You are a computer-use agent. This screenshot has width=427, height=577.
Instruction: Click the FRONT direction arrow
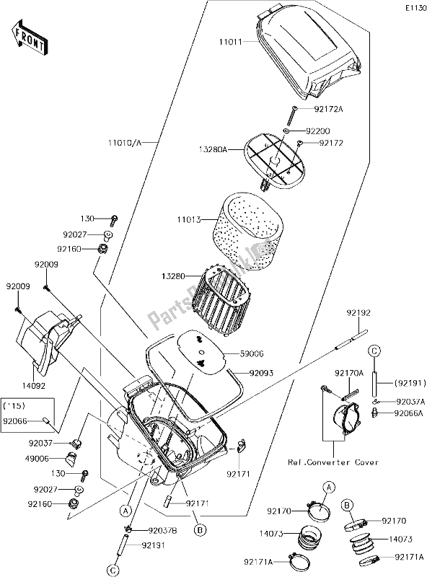(29, 38)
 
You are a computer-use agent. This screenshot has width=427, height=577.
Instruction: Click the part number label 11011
(231, 42)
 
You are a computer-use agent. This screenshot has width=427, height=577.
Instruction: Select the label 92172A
(328, 109)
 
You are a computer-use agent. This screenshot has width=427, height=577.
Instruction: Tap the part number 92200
(318, 131)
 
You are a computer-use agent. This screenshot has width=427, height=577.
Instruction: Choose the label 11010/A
(126, 142)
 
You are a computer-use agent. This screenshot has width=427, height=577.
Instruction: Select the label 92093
(262, 373)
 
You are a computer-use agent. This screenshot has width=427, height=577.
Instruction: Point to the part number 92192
(358, 312)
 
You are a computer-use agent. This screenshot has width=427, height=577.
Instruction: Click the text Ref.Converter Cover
(333, 462)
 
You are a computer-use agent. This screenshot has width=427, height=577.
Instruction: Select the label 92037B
(162, 531)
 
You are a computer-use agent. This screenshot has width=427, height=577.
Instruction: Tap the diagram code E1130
(415, 8)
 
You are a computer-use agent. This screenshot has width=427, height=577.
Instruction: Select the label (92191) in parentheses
(410, 383)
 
